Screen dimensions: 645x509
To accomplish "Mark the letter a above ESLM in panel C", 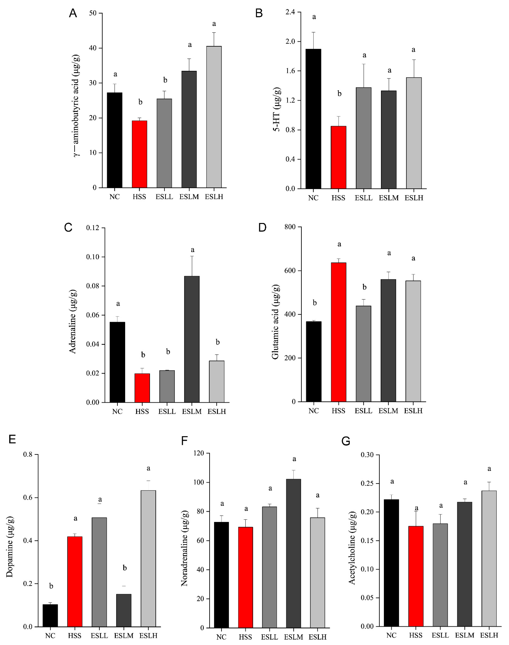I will [x=192, y=250].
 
